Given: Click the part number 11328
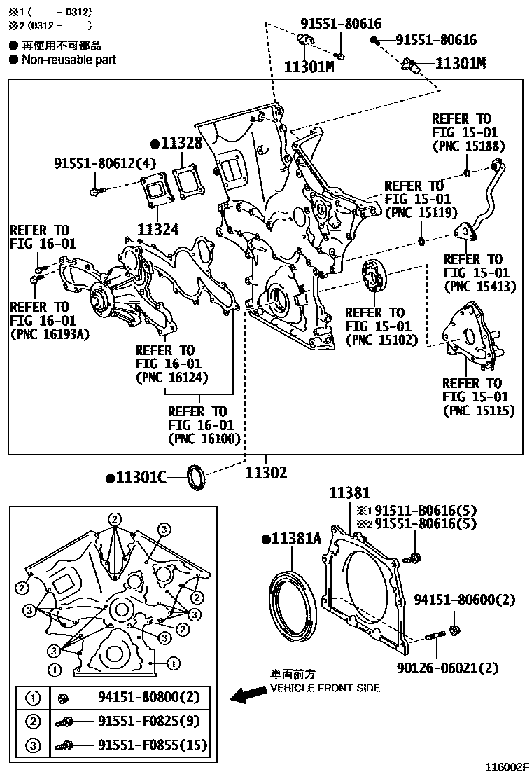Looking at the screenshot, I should (x=181, y=144).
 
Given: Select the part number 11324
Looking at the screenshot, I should (x=158, y=229).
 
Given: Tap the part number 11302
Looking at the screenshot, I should (x=266, y=474).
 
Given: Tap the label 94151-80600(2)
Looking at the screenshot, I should (x=464, y=600).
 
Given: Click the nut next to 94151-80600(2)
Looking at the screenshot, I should (x=453, y=629).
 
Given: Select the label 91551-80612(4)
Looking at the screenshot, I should (x=106, y=163).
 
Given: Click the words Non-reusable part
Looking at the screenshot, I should (x=69, y=60).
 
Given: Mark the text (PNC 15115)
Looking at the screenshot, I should (x=478, y=411).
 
